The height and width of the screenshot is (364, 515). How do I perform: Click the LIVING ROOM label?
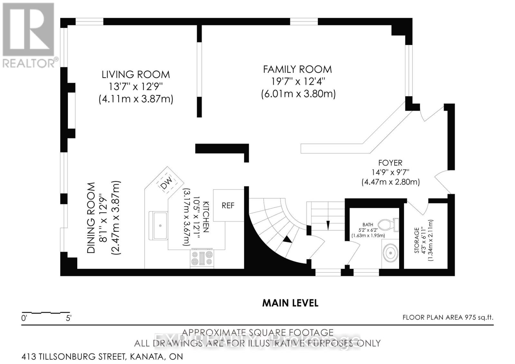pyautogui.click(x=136, y=74)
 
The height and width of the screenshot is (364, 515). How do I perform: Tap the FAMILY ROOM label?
pyautogui.click(x=297, y=69)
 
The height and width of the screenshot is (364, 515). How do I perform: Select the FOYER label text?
pyautogui.click(x=390, y=163)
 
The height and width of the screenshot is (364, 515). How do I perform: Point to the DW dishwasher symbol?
pyautogui.click(x=167, y=183)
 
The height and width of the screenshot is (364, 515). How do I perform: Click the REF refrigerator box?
pyautogui.click(x=228, y=205)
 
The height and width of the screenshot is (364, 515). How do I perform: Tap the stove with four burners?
pyautogui.click(x=202, y=259)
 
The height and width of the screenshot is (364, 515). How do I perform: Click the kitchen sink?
pyautogui.click(x=158, y=226)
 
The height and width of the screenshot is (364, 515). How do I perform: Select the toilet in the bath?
pyautogui.click(x=388, y=225)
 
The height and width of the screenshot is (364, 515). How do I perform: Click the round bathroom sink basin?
pyautogui.click(x=391, y=253)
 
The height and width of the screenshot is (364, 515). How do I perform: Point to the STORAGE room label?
pyautogui.click(x=417, y=240)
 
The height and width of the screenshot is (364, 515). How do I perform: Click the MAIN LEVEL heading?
pyautogui.click(x=290, y=303)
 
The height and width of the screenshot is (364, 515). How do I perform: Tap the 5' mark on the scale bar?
pyautogui.click(x=69, y=318)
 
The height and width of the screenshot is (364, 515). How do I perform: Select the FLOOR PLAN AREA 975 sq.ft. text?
pyautogui.click(x=448, y=317)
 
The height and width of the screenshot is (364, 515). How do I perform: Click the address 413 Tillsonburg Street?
pyautogui.click(x=102, y=356)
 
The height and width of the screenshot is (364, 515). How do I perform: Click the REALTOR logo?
pyautogui.click(x=29, y=35)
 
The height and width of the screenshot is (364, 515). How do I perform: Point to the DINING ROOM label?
pyautogui.click(x=91, y=218)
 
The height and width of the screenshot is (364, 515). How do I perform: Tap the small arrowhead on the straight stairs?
pyautogui.click(x=328, y=225)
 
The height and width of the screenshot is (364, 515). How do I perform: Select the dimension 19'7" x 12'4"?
pyautogui.click(x=298, y=81)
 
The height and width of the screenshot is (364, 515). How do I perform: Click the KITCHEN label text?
pyautogui.click(x=206, y=217)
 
